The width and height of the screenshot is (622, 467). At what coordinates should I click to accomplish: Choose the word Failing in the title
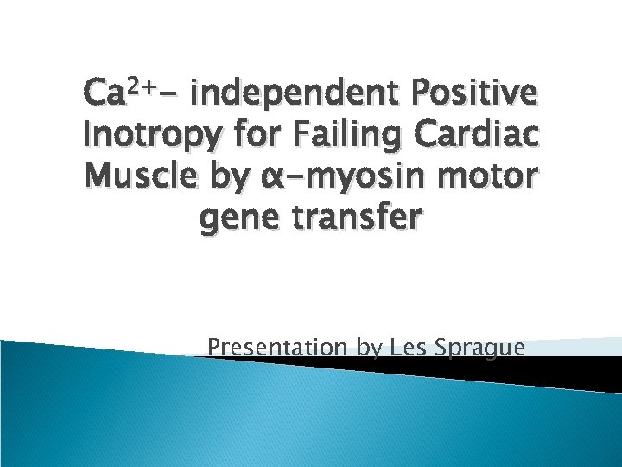click(340, 137)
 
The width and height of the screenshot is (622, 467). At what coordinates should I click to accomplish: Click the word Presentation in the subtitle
click(279, 348)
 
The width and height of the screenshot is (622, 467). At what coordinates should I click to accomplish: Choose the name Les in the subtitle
click(409, 348)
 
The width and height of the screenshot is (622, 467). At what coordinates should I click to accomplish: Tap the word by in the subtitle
click(369, 349)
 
